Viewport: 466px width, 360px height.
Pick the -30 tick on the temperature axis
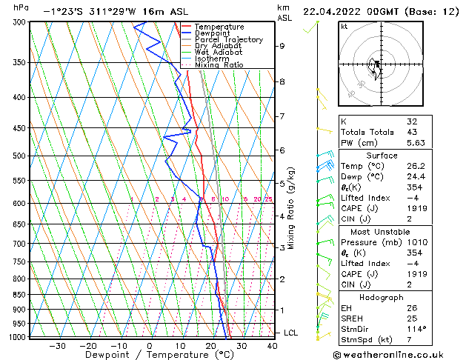pos(57,345)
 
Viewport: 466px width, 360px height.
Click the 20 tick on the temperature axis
pos(211,345)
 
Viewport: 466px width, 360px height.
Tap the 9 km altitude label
pos(282,46)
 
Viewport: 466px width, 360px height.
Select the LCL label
pos(290,333)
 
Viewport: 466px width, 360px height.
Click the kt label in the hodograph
pos(344,27)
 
